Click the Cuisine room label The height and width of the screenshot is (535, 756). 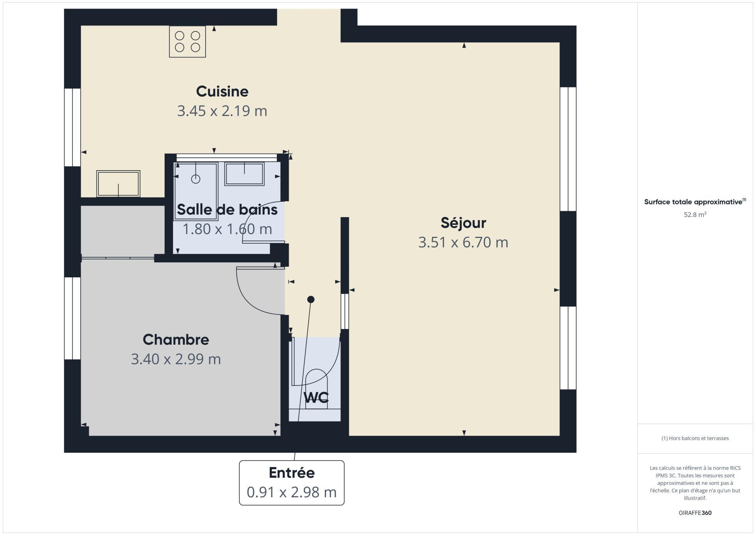point(222,91)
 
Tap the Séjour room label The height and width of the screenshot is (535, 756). point(463,223)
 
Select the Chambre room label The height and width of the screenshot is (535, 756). point(176,340)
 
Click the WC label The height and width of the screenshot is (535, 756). point(316,398)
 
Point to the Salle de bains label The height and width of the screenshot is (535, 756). point(227,210)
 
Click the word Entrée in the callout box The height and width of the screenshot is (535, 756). point(292,473)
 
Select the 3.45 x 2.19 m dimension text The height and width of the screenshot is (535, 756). point(222,111)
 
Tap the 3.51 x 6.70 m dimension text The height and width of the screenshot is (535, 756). point(463,242)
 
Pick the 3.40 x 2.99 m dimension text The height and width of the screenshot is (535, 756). point(176,359)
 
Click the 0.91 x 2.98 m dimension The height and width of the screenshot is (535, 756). point(292,492)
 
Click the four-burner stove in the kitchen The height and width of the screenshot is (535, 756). point(187,42)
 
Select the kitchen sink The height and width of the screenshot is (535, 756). point(119,184)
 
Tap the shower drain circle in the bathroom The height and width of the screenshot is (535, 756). point(196,179)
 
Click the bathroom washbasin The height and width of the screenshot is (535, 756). point(244,174)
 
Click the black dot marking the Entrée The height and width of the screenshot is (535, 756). point(311,299)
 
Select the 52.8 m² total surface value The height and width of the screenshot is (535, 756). point(695,215)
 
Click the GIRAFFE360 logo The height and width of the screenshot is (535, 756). point(695,513)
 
